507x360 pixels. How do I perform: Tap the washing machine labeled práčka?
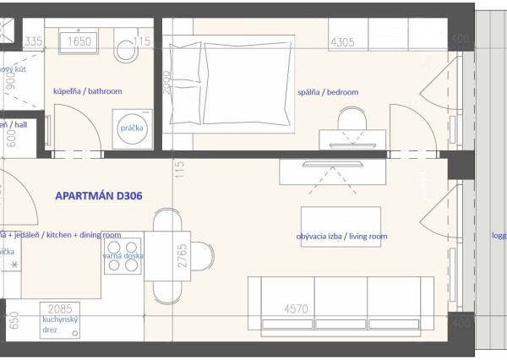(131, 128)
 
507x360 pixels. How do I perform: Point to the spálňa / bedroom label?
(328, 92)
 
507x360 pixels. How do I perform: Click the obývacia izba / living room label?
(341, 237)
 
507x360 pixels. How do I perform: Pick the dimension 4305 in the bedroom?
(341, 41)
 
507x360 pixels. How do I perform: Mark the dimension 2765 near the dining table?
(182, 257)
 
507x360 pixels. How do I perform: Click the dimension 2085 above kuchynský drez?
(60, 309)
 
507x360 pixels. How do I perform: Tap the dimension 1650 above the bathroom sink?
(79, 41)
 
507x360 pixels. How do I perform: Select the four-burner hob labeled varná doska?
(122, 265)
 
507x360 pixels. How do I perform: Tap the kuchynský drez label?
(60, 326)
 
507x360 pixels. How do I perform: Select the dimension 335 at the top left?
(33, 41)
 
